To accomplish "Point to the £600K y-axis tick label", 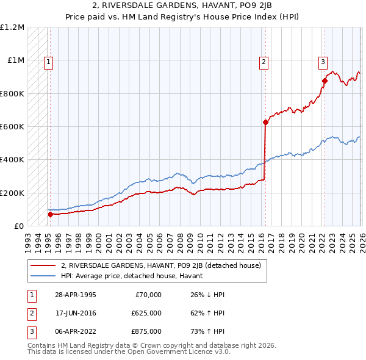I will click(12, 127).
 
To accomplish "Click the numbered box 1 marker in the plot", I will click(48, 61).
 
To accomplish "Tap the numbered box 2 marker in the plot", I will click(264, 61).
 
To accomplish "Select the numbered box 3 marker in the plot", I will click(323, 61).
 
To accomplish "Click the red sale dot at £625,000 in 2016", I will click(265, 122).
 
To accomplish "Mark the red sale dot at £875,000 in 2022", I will click(325, 81).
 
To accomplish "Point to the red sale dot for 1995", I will click(50, 214).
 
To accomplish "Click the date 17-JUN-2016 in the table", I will click(74, 313).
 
